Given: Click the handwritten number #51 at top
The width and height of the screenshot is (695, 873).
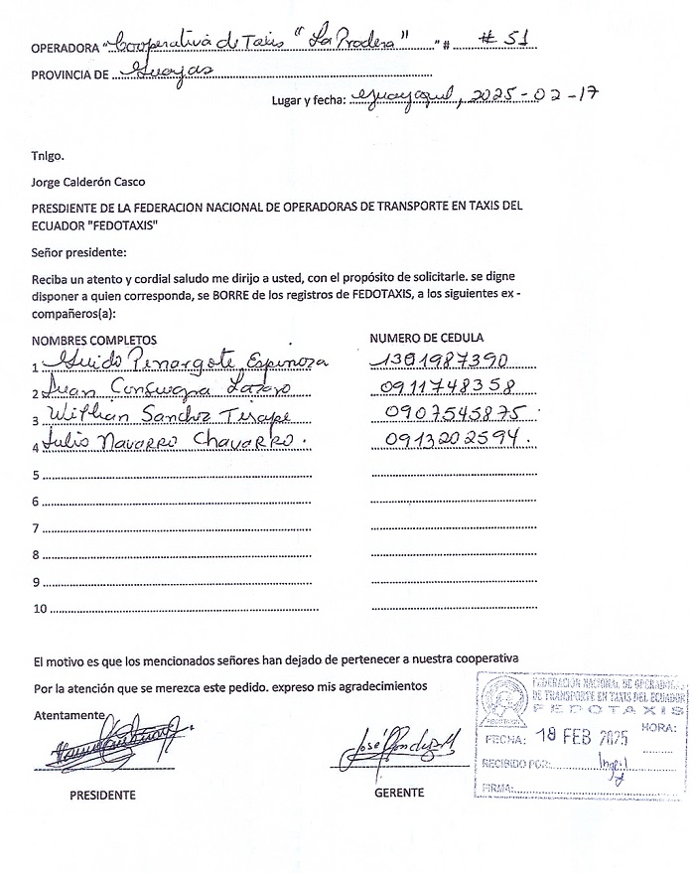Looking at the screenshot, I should (501, 40).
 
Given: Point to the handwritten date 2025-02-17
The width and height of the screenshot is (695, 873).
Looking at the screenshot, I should (536, 96).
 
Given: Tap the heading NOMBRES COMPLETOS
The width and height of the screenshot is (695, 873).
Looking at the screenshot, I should (94, 340).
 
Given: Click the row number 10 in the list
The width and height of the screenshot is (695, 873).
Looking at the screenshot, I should (40, 608).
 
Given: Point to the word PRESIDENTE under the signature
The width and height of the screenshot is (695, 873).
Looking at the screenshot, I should (102, 795).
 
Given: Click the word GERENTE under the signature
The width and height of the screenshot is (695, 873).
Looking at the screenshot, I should (399, 793).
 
